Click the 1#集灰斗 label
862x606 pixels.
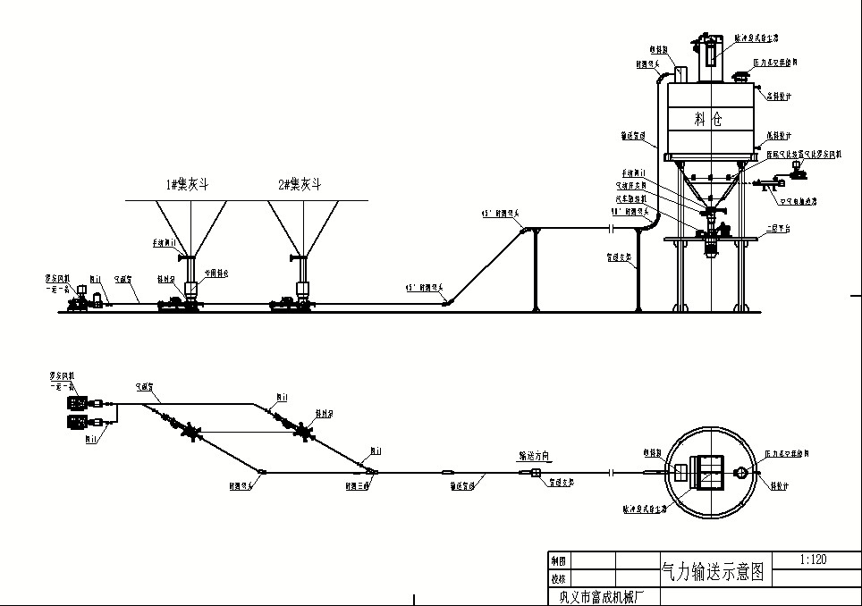point(187,184)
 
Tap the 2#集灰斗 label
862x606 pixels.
point(299,184)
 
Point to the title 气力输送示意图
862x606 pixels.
point(713,572)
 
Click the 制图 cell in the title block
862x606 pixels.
point(558,561)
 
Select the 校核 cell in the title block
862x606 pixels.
point(558,577)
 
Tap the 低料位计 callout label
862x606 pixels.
point(775,137)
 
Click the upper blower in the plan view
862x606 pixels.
point(77,403)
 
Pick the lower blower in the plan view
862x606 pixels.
point(77,421)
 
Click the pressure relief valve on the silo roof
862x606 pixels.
point(739,75)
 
